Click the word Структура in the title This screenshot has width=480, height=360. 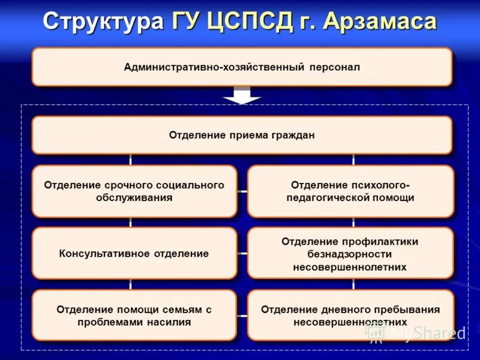(x=103, y=22)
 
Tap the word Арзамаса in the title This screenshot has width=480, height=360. (x=379, y=22)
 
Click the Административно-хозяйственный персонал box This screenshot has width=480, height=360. (x=241, y=67)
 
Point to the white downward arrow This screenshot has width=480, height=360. (x=242, y=95)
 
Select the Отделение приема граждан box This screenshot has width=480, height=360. (x=241, y=135)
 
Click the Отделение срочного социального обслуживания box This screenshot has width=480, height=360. (x=134, y=191)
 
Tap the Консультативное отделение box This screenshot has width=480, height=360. (x=134, y=253)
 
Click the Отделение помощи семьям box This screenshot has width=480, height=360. (x=134, y=316)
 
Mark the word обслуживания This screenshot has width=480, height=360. (x=134, y=197)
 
